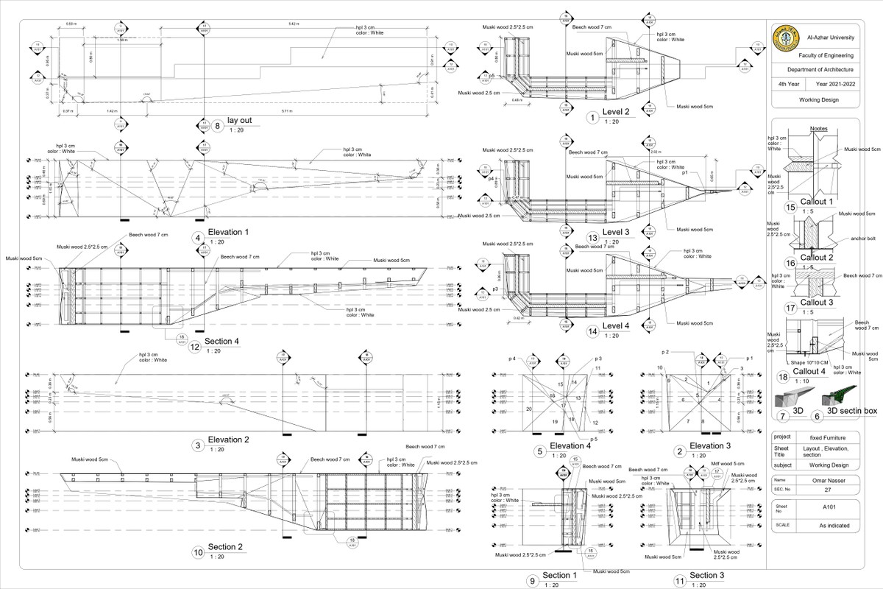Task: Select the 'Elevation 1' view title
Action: [228, 233]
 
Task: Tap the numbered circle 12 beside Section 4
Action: [195, 347]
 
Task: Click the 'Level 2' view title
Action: [616, 112]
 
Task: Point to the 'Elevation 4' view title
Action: [570, 445]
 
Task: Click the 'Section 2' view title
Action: [225, 547]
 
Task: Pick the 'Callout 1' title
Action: [816, 202]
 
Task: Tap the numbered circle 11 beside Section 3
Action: [681, 580]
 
